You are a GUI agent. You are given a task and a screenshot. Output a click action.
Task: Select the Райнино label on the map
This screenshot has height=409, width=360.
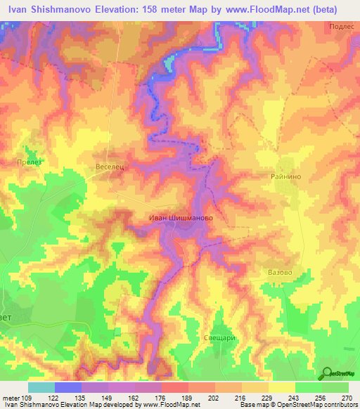[285, 177]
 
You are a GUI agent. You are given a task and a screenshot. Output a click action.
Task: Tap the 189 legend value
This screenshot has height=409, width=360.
[188, 398]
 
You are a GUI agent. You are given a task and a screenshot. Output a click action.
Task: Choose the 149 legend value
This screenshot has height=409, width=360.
[108, 398]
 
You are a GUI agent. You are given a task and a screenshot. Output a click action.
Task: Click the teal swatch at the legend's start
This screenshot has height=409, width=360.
[41, 387]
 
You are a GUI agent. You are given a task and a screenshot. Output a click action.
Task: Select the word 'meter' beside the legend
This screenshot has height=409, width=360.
[11, 398]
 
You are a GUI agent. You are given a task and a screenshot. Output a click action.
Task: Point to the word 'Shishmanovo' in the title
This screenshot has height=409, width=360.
[64, 10]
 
